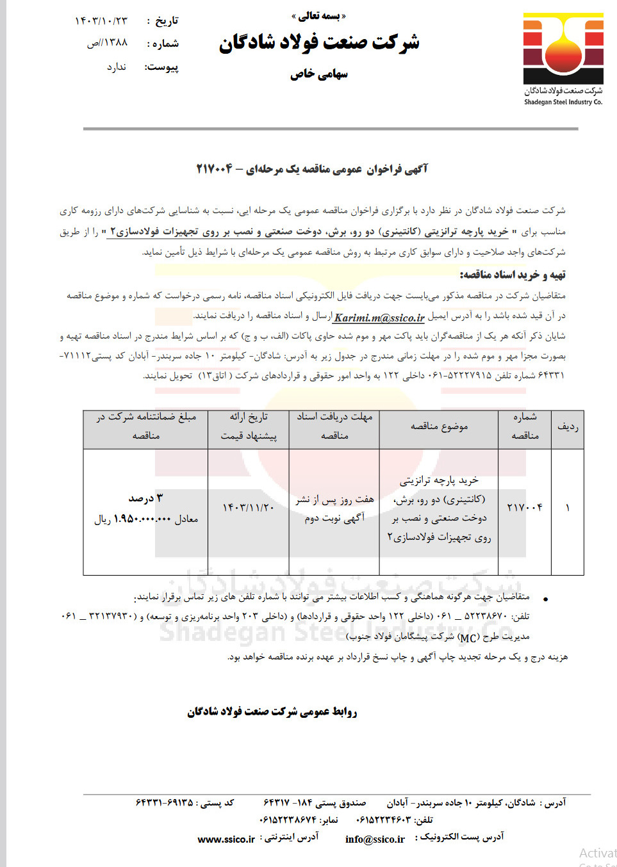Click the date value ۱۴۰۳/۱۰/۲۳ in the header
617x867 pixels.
click(101, 21)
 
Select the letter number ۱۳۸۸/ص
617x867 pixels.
click(108, 43)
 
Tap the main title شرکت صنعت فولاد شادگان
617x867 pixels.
click(319, 43)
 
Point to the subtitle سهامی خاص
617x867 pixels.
click(319, 74)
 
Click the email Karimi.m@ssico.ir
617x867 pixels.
click(379, 318)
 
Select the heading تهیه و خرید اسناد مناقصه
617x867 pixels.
click(513, 275)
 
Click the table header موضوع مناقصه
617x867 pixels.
click(439, 426)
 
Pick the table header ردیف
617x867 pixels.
click(568, 426)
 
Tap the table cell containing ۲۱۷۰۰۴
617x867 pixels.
click(525, 507)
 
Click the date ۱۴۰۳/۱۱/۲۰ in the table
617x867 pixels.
click(248, 507)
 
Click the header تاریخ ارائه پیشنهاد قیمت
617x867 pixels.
click(249, 426)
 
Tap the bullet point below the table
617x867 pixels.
click(545, 599)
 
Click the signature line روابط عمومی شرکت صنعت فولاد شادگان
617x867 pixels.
click(272, 711)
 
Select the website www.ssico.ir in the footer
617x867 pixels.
click(226, 839)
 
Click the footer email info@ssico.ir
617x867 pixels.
click(375, 839)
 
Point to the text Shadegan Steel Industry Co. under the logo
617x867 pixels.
click(563, 102)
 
